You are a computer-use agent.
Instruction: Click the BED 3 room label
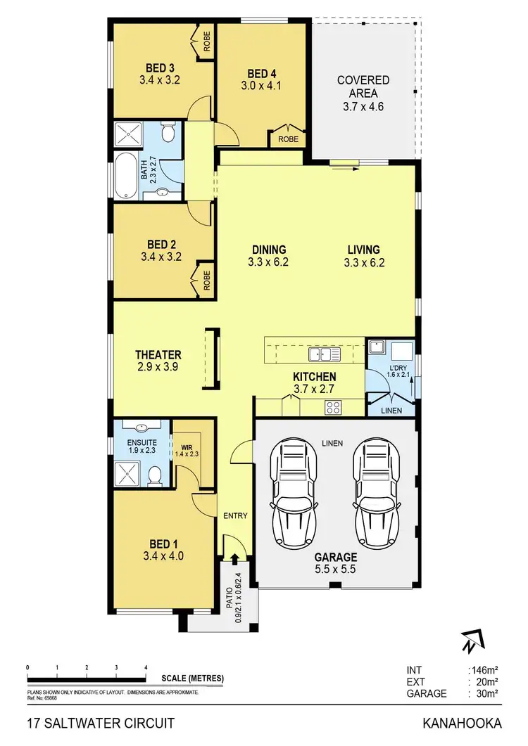161,67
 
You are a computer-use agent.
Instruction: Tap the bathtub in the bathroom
127,175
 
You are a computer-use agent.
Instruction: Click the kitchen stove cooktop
333,406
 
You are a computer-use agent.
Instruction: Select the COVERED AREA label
363,86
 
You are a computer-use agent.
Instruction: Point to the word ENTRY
235,516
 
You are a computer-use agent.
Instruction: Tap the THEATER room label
158,355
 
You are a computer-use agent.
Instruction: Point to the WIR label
186,446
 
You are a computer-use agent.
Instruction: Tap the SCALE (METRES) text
192,678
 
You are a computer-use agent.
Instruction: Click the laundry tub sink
378,347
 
